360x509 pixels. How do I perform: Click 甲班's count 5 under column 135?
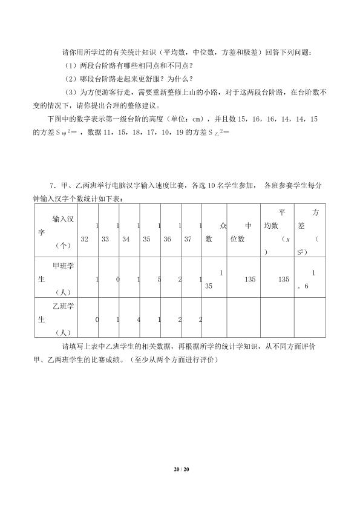click(158, 279)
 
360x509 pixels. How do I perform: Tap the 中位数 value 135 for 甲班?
click(250, 279)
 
